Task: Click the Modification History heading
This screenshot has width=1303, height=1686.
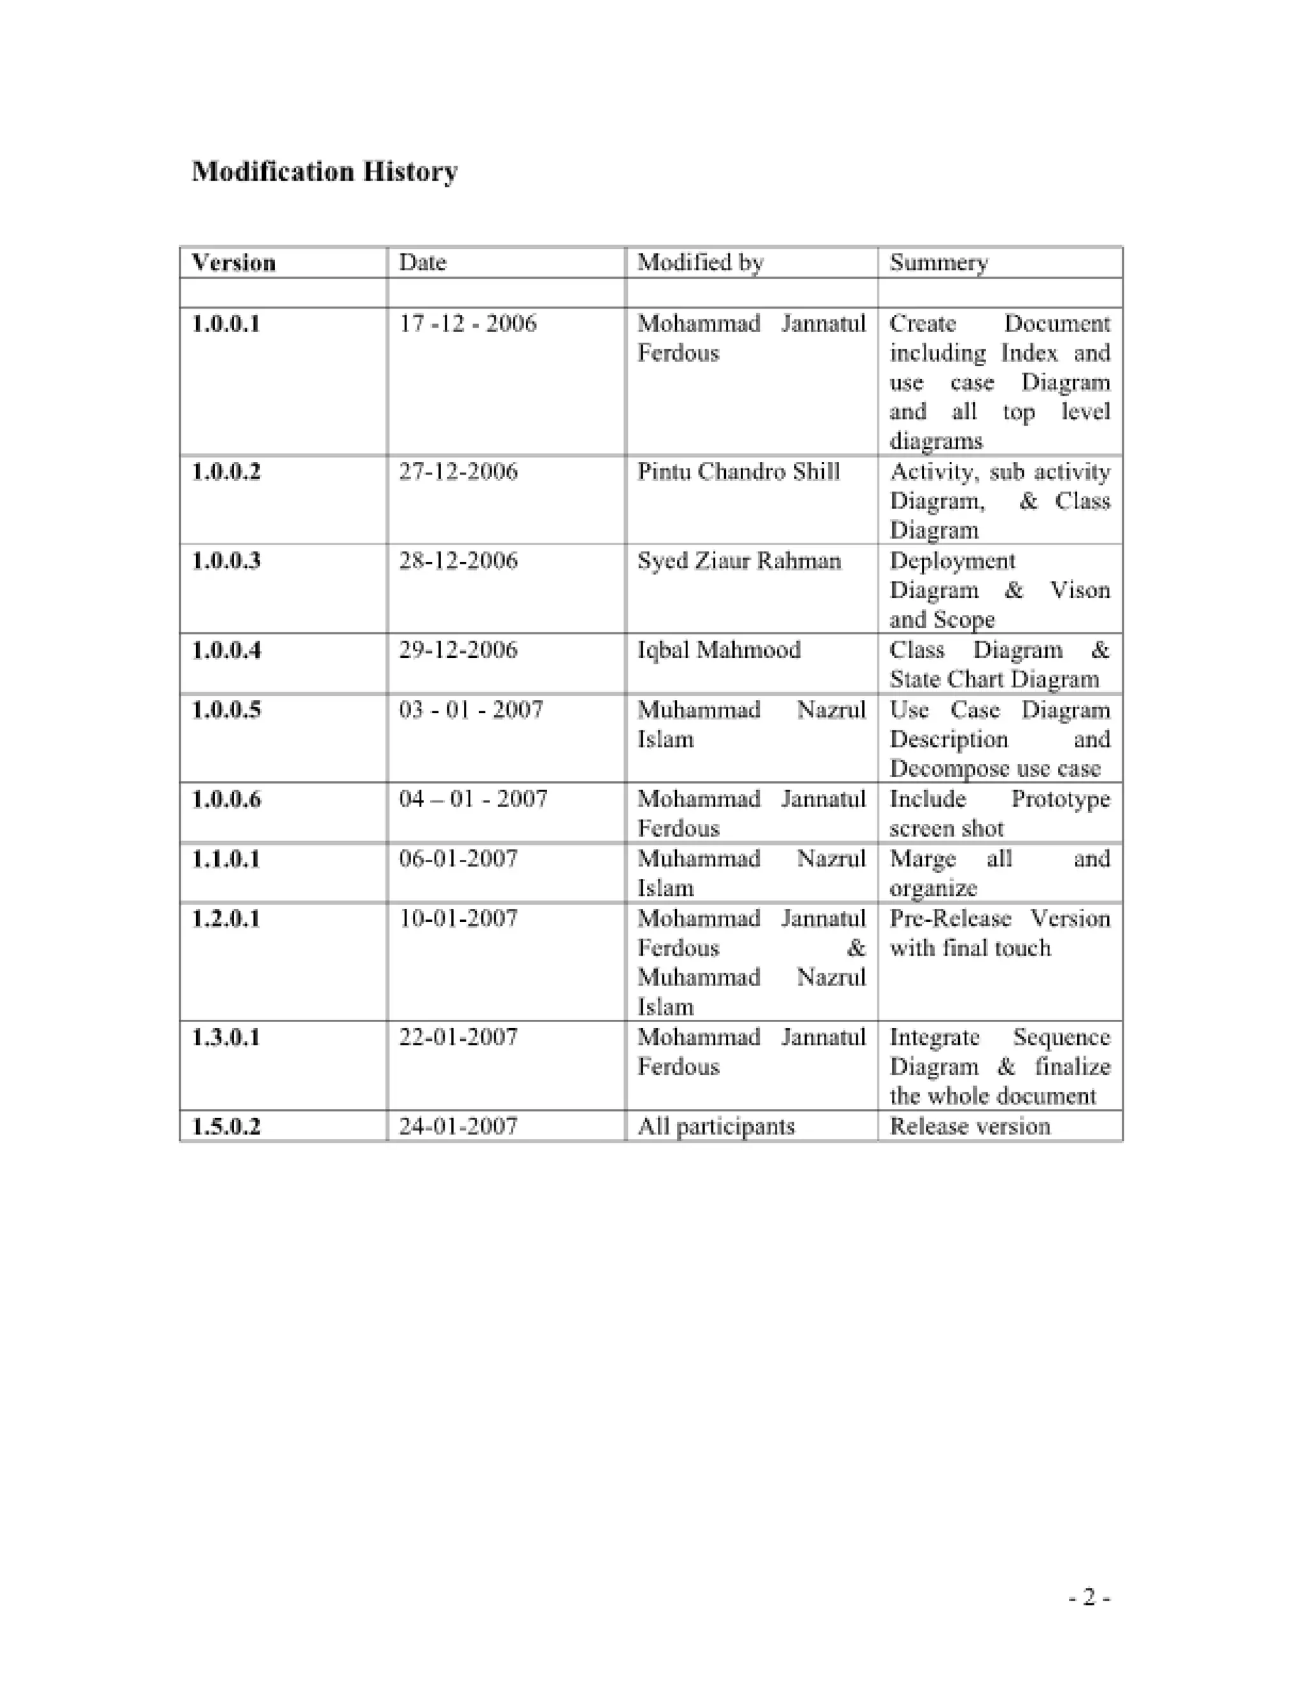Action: point(324,171)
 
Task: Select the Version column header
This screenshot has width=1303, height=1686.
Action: point(233,263)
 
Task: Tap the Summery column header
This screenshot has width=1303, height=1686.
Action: point(938,263)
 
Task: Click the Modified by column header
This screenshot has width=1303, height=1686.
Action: point(700,263)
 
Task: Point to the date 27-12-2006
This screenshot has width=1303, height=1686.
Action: point(457,471)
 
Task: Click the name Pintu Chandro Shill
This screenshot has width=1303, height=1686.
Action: point(738,471)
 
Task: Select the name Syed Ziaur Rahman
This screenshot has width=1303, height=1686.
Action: point(739,561)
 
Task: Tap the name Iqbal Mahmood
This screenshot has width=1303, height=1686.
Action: point(719,650)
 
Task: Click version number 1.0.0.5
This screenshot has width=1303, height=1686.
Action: point(225,709)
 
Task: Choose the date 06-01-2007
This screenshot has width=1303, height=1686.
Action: point(457,858)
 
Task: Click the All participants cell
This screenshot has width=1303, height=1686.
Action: point(716,1126)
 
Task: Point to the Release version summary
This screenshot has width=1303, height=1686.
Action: point(970,1126)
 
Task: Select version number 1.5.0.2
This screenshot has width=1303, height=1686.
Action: point(225,1126)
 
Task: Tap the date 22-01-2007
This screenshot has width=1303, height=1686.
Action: point(457,1037)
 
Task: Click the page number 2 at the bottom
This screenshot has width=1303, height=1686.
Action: point(1089,1596)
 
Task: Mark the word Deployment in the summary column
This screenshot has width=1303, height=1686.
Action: point(952,561)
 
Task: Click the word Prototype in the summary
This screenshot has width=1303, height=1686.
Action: point(1060,799)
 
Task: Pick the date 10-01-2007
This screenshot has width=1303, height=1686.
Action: point(457,919)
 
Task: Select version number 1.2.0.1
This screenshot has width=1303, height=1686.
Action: point(225,919)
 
